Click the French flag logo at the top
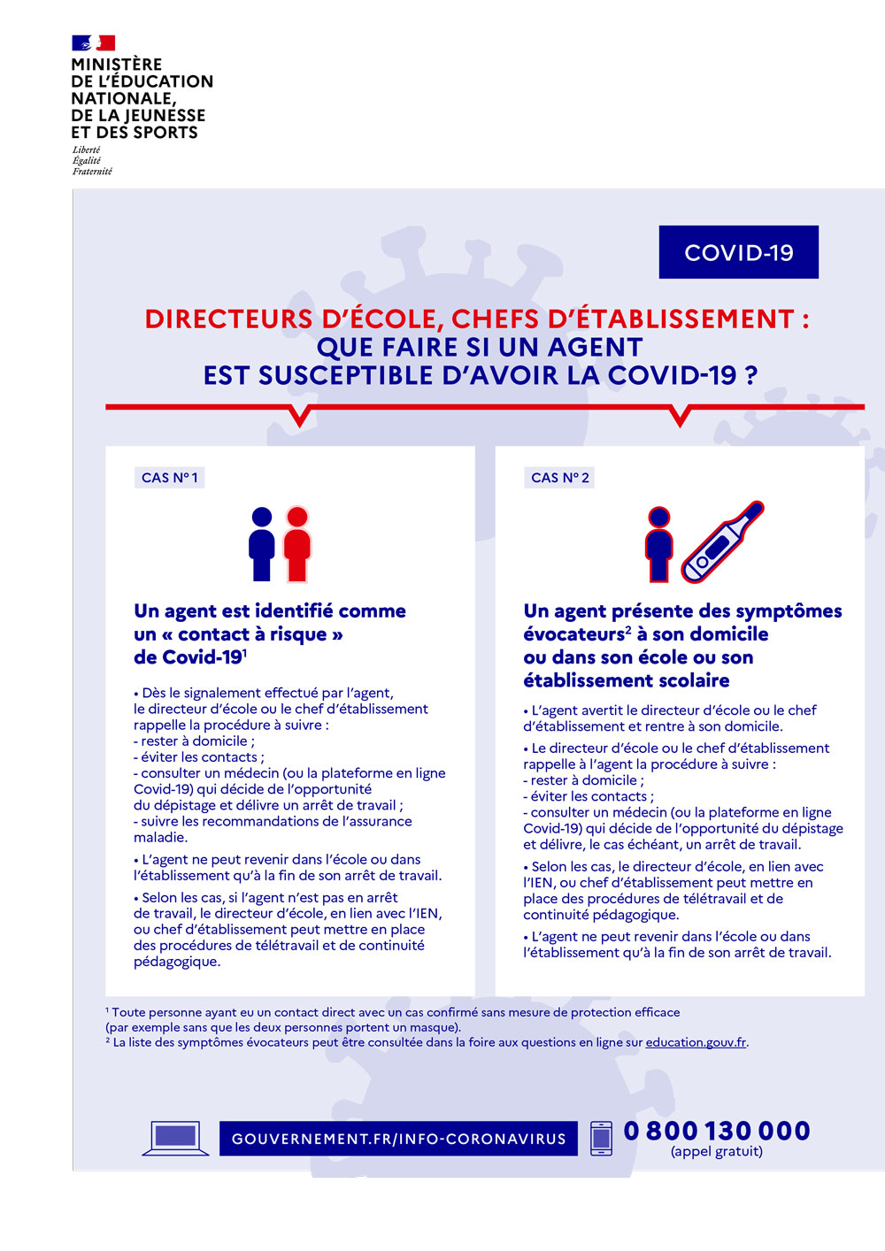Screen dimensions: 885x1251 [x=93, y=43]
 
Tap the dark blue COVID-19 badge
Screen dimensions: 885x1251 [x=739, y=252]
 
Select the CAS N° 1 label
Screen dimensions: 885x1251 [x=169, y=478]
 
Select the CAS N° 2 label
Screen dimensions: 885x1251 [x=559, y=478]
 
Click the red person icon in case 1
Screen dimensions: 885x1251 [x=297, y=544]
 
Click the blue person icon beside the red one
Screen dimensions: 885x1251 [x=261, y=544]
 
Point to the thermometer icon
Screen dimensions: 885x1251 [x=722, y=541]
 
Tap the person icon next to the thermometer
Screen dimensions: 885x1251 [x=658, y=544]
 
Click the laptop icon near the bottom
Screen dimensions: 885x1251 [x=175, y=1138]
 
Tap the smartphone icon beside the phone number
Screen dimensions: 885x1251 [x=601, y=1139]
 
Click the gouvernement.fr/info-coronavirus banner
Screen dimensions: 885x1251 [x=398, y=1139]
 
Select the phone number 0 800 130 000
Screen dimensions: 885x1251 [x=717, y=1131]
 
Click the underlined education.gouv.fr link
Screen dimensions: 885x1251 [x=696, y=1042]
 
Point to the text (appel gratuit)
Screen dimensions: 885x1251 [x=717, y=1151]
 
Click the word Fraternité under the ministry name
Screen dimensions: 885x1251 [x=92, y=172]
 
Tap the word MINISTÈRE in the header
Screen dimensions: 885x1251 [x=116, y=65]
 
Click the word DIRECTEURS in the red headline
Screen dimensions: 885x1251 [x=228, y=319]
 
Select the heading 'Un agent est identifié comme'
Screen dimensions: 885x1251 [x=270, y=611]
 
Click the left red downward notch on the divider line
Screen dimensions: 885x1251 [x=299, y=416]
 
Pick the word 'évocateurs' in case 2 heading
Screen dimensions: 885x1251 [x=573, y=634]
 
